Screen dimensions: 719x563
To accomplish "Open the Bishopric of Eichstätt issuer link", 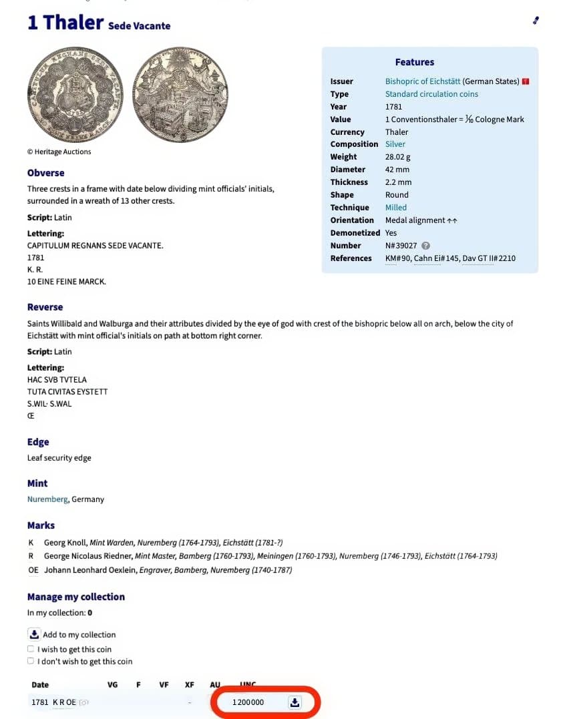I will click(422, 81).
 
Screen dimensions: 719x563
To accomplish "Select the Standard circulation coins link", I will click(431, 94).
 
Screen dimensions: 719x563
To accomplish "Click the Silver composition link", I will click(395, 144).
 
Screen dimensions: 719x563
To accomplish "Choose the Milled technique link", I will click(395, 208).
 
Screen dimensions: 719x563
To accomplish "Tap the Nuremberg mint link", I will click(47, 499).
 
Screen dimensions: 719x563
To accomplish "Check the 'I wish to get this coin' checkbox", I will click(31, 649).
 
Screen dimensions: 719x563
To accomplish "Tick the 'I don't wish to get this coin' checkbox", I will click(31, 662).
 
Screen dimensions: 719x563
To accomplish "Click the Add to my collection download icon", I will click(34, 634).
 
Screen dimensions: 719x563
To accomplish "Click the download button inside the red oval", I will click(295, 702).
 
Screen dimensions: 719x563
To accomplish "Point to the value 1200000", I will click(248, 702).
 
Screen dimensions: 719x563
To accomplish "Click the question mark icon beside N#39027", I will click(425, 246).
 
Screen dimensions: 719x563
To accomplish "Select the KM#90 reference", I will click(397, 258).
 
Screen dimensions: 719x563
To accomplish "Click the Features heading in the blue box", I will click(414, 62).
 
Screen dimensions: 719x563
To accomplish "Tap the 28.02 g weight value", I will click(399, 157).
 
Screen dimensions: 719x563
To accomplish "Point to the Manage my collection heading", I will click(75, 597).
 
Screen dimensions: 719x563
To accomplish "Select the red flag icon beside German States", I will click(526, 81).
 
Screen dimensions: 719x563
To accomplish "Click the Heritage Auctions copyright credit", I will click(59, 152).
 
